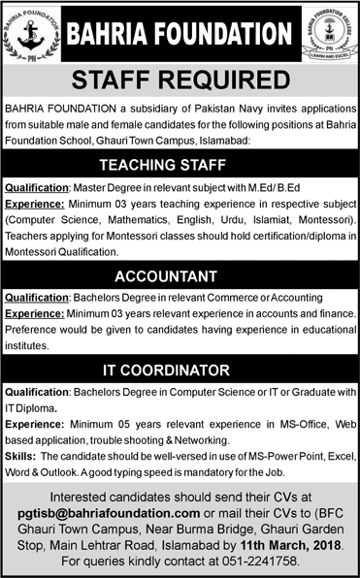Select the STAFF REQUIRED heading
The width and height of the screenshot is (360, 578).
pos(180,78)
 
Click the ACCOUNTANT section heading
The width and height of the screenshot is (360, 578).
pos(180,274)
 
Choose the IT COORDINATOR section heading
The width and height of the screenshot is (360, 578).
pos(180,369)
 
